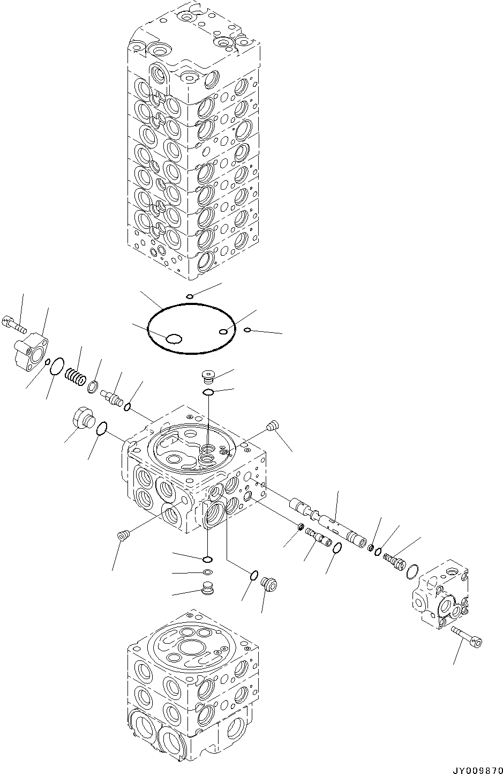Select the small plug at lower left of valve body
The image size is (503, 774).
point(122,535)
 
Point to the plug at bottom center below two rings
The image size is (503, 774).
point(207,588)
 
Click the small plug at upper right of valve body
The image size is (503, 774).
point(271,427)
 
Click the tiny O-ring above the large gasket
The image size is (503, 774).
point(190,296)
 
